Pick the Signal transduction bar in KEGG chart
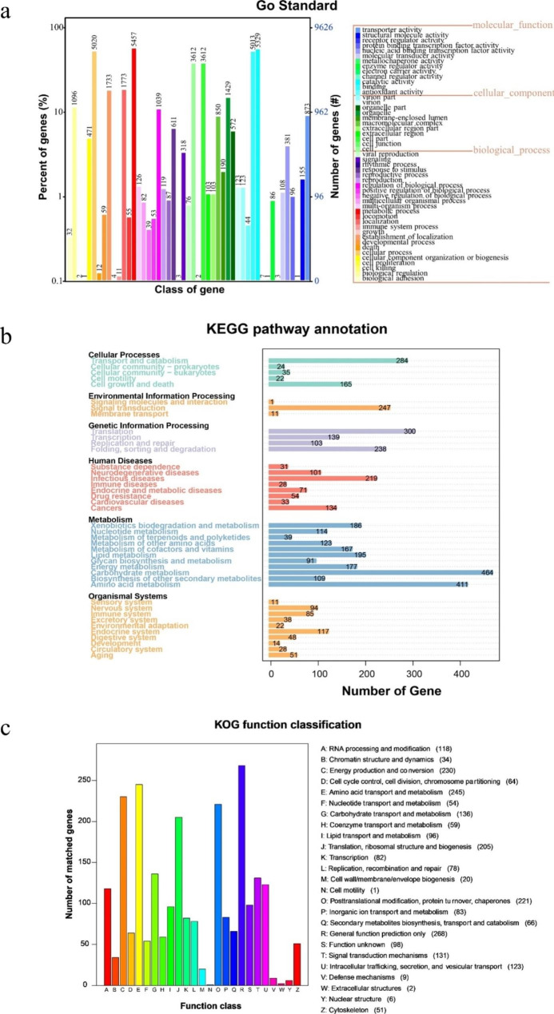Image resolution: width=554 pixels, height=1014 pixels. tap(329, 408)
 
